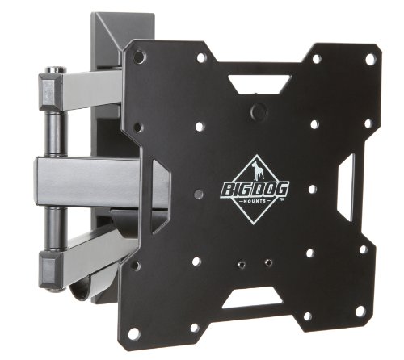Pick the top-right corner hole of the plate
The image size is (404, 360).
point(370,60)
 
